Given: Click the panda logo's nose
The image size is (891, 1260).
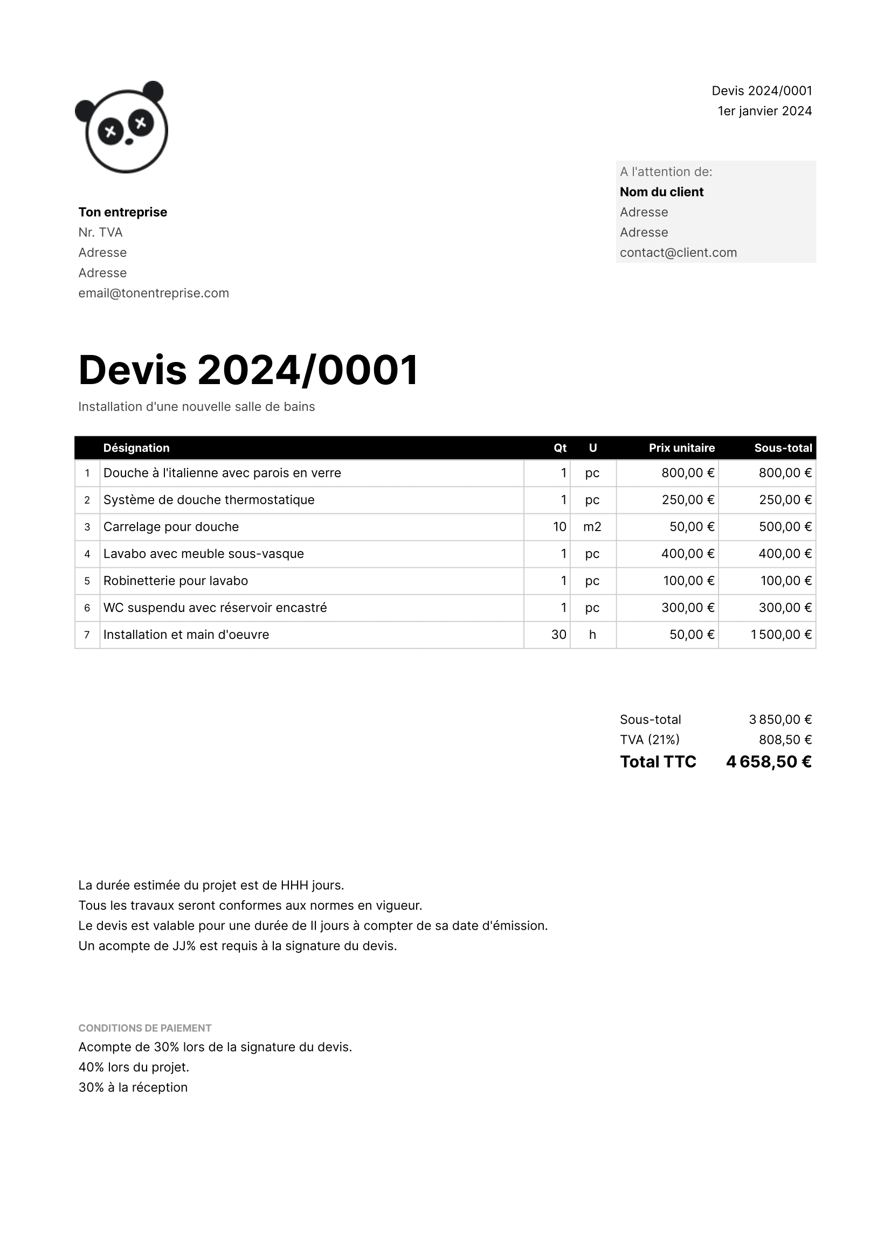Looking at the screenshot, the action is tap(129, 142).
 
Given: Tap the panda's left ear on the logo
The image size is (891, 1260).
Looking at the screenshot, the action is tap(85, 110).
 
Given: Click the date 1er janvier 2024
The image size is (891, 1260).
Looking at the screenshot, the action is tap(764, 111).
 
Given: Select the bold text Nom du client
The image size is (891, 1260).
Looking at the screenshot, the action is tap(661, 192).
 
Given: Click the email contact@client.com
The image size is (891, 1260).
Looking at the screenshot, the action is tap(678, 253).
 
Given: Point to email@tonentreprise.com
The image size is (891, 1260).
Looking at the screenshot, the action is tap(154, 293).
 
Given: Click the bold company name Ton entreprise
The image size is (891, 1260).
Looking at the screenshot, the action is tap(122, 212).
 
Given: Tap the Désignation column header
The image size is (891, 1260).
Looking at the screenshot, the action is tap(136, 448).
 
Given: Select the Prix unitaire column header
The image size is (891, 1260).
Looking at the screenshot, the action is tap(681, 448).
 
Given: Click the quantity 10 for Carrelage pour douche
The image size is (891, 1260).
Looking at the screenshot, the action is tap(559, 527).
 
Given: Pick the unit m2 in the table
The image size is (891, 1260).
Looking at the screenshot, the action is tap(592, 527).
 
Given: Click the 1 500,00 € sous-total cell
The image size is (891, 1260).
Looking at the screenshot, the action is tap(781, 635).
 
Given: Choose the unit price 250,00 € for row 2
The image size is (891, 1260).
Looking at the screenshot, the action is tap(687, 500).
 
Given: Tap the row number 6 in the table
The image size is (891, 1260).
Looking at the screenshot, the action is tap(87, 608).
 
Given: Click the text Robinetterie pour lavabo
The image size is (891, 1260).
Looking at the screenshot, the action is tap(176, 581).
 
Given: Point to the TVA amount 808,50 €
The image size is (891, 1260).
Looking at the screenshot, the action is tap(784, 740).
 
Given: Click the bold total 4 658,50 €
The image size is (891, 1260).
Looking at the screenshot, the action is tap(768, 762).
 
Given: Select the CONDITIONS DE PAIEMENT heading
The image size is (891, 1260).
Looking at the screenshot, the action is tap(145, 1028).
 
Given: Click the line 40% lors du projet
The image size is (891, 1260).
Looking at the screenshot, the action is tap(133, 1067).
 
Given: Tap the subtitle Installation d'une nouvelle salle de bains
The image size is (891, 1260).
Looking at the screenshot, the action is tap(197, 407).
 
